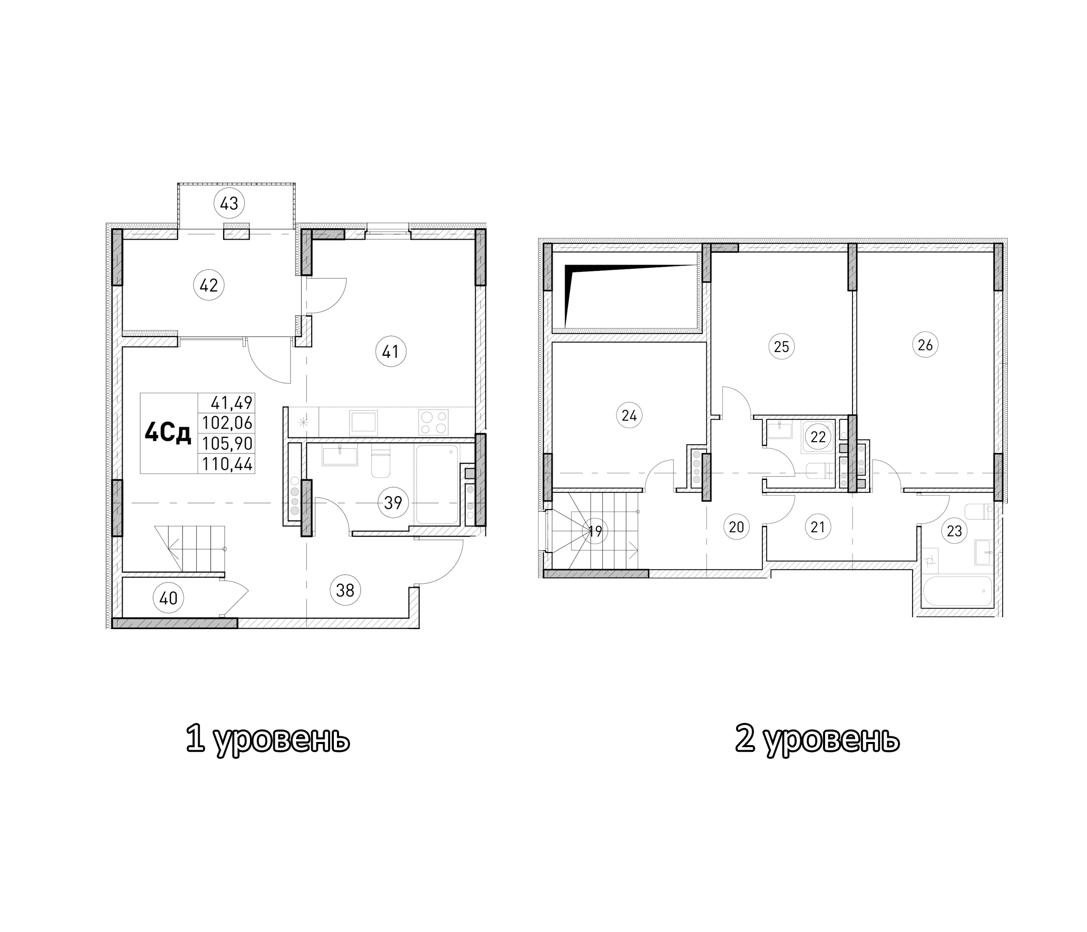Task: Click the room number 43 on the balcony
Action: [229, 203]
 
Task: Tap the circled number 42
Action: [209, 285]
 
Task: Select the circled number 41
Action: [391, 351]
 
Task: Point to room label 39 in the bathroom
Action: [393, 503]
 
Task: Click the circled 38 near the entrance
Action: [345, 590]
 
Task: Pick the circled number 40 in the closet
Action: [168, 598]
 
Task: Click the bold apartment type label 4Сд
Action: [168, 433]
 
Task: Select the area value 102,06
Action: [228, 423]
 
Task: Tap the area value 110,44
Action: [228, 464]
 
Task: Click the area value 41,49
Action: [231, 403]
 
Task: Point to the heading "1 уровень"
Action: [268, 740]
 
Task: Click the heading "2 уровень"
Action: [817, 740]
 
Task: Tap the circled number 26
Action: [925, 345]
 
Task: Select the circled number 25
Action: [781, 346]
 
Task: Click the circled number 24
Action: [629, 416]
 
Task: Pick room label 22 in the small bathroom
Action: [818, 436]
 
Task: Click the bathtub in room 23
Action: [954, 592]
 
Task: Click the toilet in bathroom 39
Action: [380, 462]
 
